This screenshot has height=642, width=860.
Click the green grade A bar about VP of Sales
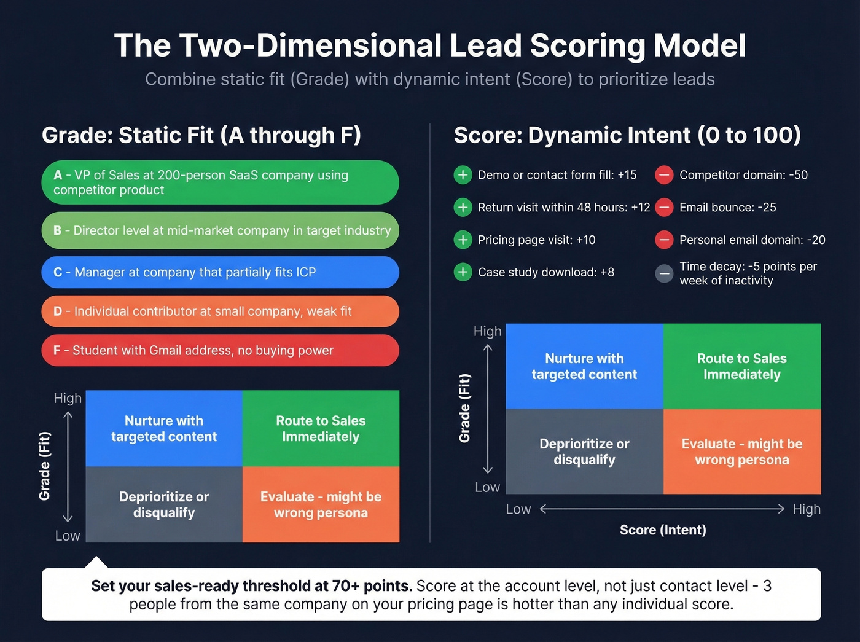(x=220, y=182)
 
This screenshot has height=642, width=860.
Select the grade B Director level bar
(x=220, y=230)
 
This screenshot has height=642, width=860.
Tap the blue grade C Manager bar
(x=220, y=272)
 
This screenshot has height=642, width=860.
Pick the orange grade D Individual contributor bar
(x=220, y=311)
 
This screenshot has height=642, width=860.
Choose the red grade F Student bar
(x=220, y=350)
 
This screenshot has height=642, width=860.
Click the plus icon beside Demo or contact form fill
(x=463, y=175)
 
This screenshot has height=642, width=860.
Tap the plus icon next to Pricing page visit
(x=463, y=240)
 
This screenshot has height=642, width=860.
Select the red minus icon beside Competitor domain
(x=664, y=175)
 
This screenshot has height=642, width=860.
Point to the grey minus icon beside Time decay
(x=664, y=273)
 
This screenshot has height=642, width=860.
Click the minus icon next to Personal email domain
(x=664, y=240)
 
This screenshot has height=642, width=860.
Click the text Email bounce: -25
(x=727, y=208)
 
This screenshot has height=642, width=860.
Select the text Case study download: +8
(x=545, y=272)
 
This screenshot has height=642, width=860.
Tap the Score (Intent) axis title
(x=663, y=530)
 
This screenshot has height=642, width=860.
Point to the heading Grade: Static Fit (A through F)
(x=201, y=135)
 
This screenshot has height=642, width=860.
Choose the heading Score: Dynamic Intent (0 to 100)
(x=627, y=135)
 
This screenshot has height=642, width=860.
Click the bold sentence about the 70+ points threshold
(x=251, y=585)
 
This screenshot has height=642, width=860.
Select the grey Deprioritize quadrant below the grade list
(x=164, y=504)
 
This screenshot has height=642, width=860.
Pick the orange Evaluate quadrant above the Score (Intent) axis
(x=742, y=452)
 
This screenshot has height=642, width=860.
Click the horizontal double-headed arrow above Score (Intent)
(x=662, y=509)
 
